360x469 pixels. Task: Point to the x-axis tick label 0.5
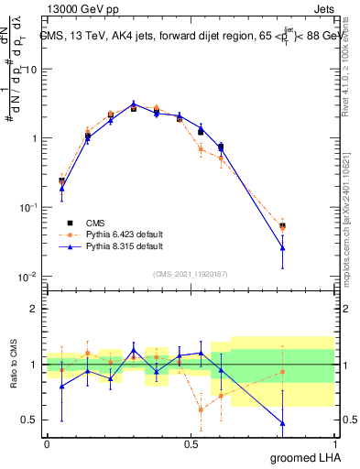coord(191,442)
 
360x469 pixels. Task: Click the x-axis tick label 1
coord(335,442)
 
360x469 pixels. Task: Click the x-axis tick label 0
coord(47,442)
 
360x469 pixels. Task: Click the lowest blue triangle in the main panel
coord(282,247)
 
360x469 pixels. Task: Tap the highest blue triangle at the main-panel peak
coord(134,104)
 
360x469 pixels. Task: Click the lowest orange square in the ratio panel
coord(201,409)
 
